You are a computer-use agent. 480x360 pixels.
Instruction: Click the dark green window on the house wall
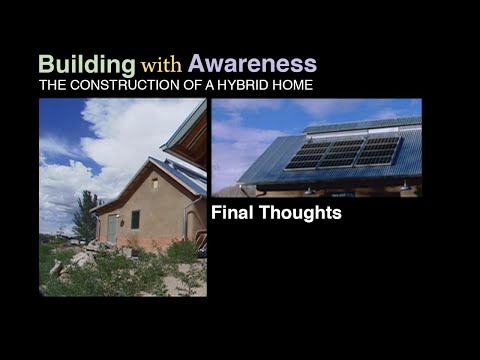click(135, 219)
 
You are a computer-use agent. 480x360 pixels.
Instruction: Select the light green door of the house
click(112, 227)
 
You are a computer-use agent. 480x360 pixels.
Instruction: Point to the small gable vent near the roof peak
click(153, 183)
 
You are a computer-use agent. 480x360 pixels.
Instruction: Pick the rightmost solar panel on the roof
click(381, 151)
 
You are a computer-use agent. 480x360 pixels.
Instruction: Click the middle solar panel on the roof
click(342, 152)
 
